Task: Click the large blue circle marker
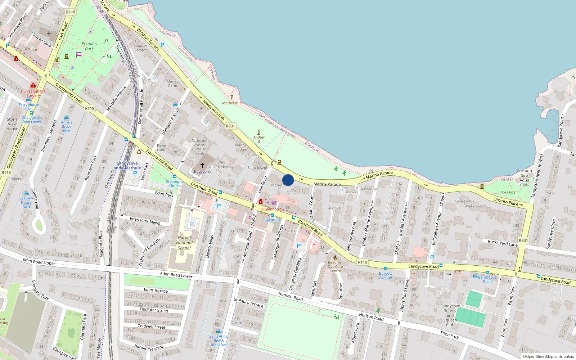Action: pos(288,180)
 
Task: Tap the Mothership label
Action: pos(232,103)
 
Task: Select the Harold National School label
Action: pos(184,243)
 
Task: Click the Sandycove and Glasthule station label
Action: pos(127,166)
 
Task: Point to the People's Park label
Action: pos(89,46)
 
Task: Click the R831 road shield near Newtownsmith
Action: pos(230,126)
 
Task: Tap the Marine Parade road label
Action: pos(327,184)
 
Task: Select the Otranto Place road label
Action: pos(505,202)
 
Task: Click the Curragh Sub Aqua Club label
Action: pos(524,178)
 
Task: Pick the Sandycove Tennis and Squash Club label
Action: pos(450,315)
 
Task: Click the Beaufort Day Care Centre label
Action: pos(335,266)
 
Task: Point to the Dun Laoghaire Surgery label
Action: pos(33,93)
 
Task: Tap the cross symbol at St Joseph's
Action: pos(202,165)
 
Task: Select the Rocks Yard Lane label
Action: pos(503,243)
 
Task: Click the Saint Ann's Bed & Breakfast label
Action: pos(219,341)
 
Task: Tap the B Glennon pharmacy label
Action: pos(270,209)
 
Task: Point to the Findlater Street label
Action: pos(154,310)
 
